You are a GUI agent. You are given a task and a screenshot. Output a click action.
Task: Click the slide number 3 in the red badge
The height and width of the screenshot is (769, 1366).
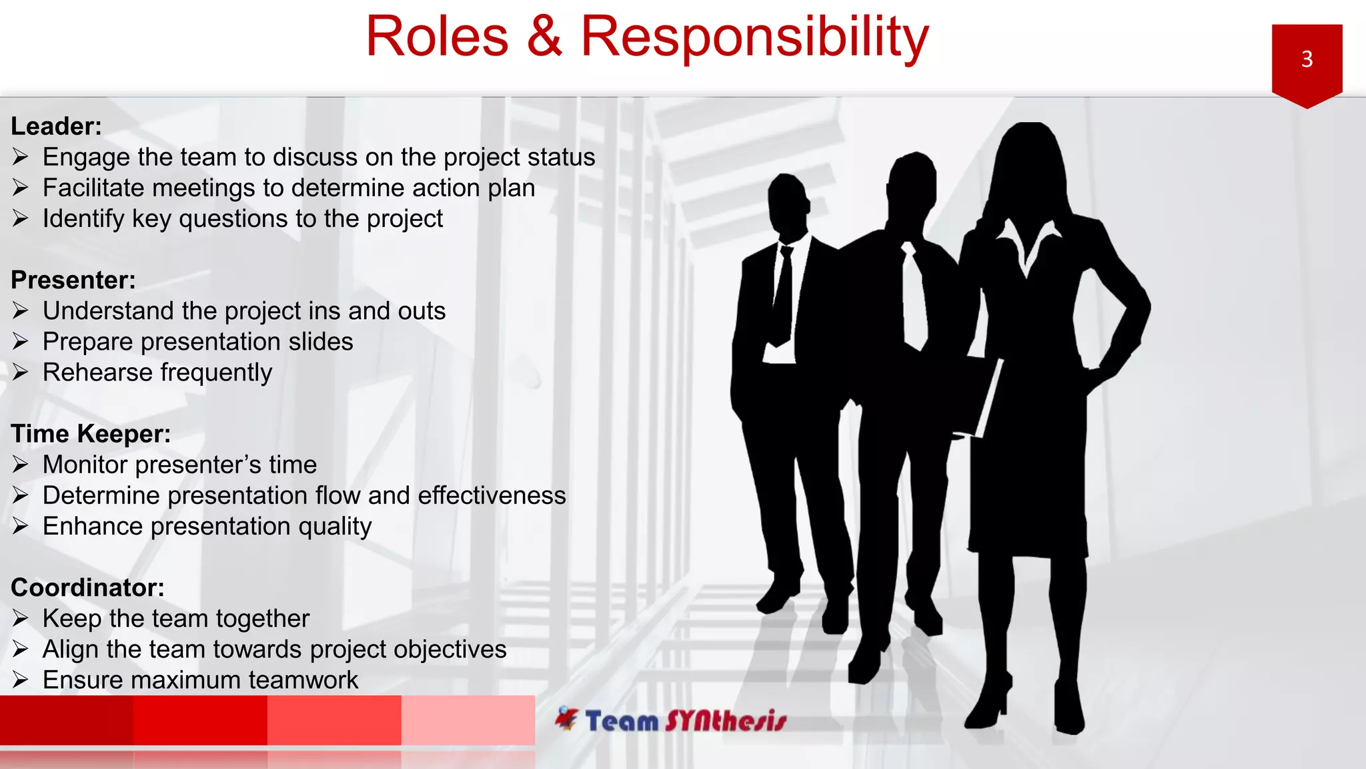tap(1307, 59)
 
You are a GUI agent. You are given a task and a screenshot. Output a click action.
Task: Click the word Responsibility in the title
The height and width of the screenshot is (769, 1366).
tap(754, 37)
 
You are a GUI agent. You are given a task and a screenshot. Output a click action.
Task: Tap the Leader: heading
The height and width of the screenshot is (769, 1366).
tap(56, 126)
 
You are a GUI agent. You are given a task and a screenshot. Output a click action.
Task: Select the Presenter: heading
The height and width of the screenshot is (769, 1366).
tap(73, 280)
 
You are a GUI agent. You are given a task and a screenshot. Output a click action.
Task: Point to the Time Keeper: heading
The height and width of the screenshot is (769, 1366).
tap(91, 434)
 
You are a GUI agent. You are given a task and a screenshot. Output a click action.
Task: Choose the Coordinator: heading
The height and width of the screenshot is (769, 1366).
tap(87, 587)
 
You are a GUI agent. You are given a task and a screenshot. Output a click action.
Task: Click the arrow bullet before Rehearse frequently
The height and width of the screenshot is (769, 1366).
tap(20, 372)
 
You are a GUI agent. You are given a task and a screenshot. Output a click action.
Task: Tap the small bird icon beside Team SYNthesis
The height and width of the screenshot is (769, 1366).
tap(566, 718)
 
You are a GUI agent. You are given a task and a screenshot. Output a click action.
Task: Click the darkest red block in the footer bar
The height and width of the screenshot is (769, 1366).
tap(67, 720)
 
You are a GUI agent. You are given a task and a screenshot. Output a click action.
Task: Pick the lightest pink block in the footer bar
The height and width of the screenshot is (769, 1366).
tap(468, 720)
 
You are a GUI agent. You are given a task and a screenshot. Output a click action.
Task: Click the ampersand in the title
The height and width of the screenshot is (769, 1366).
tap(544, 37)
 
